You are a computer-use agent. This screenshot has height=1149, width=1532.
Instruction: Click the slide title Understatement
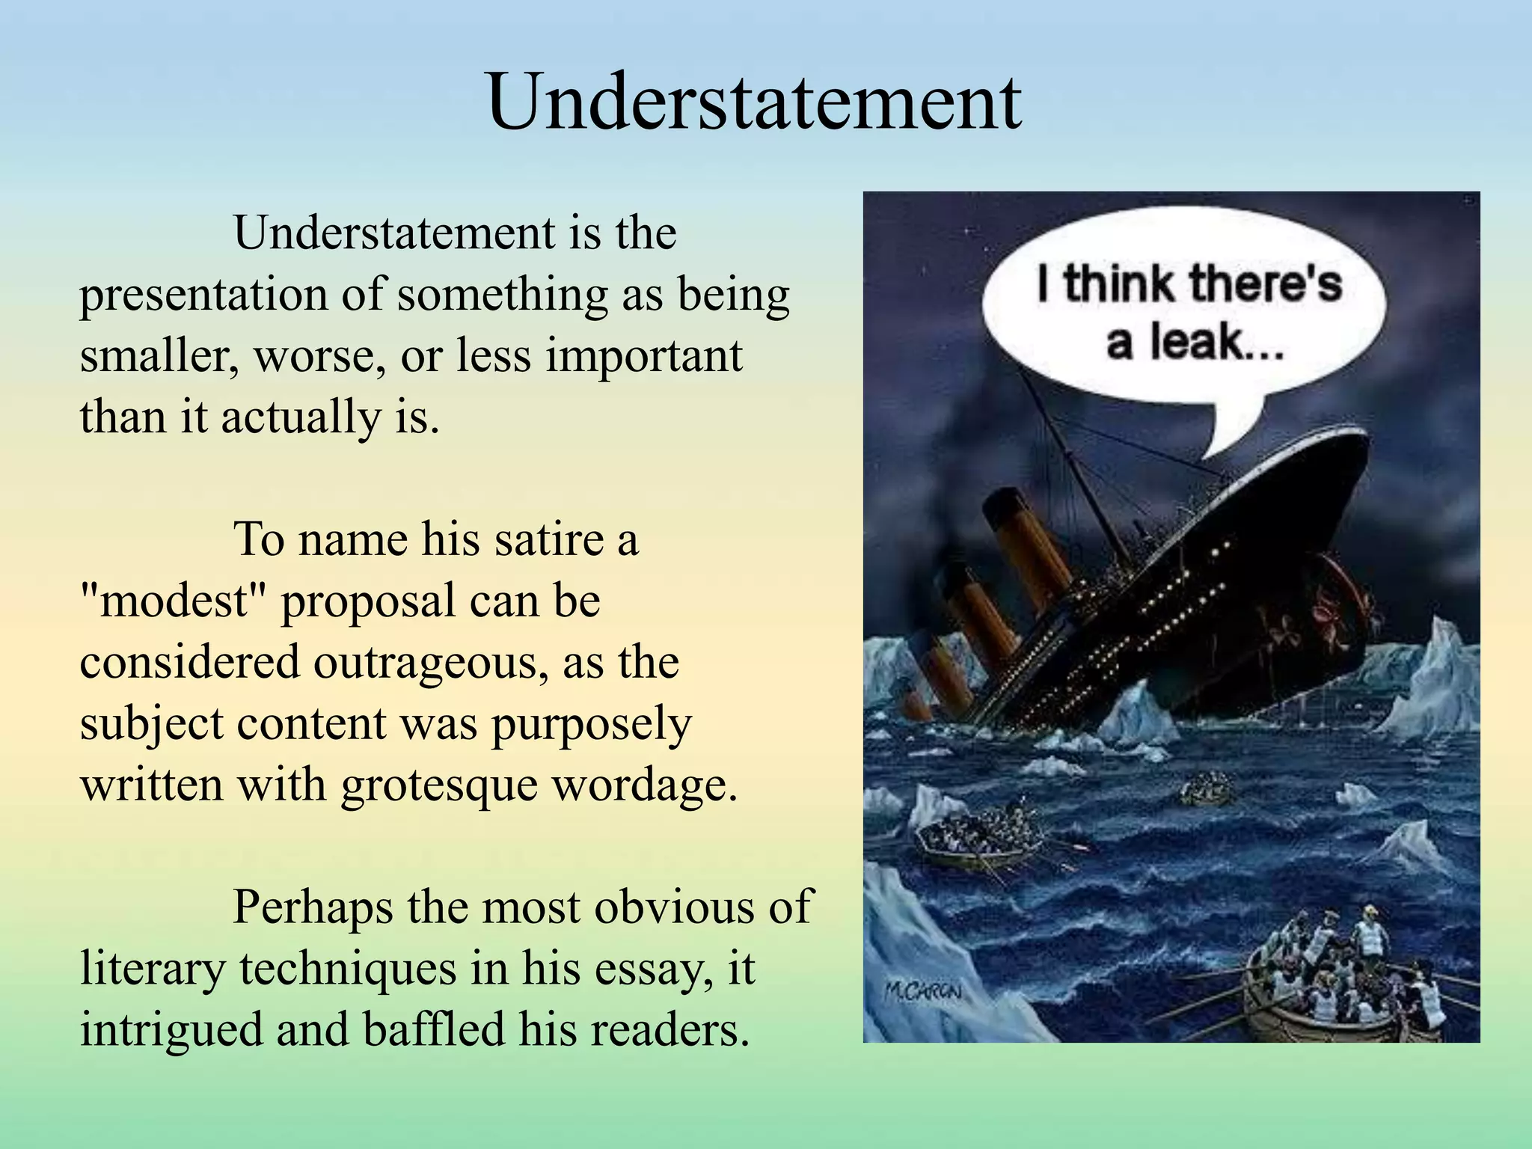pyautogui.click(x=754, y=102)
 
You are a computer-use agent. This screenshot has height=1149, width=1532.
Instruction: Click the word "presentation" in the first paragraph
pyautogui.click(x=203, y=295)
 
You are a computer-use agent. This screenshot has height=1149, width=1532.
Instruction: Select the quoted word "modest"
pyautogui.click(x=174, y=601)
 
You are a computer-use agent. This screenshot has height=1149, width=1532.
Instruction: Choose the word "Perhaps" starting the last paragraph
pyautogui.click(x=312, y=907)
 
